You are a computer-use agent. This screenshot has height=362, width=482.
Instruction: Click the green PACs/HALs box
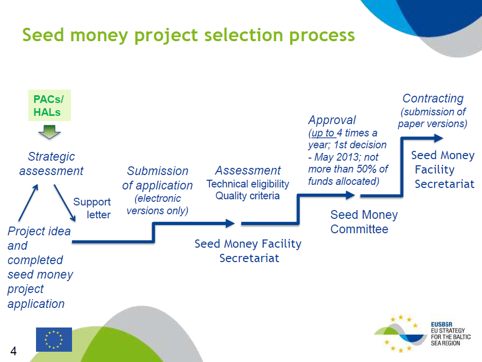click(49, 105)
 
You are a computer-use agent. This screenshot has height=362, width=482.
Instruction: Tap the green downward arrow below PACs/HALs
click(49, 132)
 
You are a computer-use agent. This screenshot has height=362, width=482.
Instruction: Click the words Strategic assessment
click(51, 163)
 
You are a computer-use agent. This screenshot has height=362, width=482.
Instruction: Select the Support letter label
click(92, 208)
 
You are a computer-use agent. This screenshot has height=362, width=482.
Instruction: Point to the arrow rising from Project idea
click(28, 202)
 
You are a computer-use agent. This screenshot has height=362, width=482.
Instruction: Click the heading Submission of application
click(157, 178)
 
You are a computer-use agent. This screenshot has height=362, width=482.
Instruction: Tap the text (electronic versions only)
click(157, 204)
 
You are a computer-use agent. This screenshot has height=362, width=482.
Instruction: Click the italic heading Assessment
click(248, 170)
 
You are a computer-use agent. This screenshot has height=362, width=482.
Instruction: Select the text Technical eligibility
click(248, 184)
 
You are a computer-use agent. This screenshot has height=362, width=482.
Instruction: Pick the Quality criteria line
click(248, 196)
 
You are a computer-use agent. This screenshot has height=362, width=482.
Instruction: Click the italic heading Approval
click(332, 120)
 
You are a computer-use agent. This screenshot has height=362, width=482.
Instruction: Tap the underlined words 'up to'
click(323, 133)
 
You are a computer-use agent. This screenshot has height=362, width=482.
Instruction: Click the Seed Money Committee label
click(364, 221)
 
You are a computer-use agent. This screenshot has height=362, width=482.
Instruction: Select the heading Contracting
click(433, 98)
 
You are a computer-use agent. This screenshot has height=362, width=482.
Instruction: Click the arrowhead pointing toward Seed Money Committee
click(350, 195)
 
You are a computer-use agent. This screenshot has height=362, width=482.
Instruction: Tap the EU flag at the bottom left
click(54, 339)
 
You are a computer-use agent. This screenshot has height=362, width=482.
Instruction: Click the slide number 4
click(13, 351)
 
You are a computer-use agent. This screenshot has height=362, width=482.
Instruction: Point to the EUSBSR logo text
click(451, 334)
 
